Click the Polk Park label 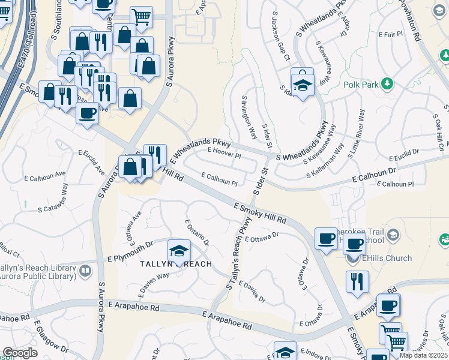(361, 85)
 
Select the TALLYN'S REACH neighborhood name (176, 265)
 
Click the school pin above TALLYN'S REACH (179, 252)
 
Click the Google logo (20, 353)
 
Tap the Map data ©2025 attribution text (423, 355)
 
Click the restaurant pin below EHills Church (357, 281)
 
